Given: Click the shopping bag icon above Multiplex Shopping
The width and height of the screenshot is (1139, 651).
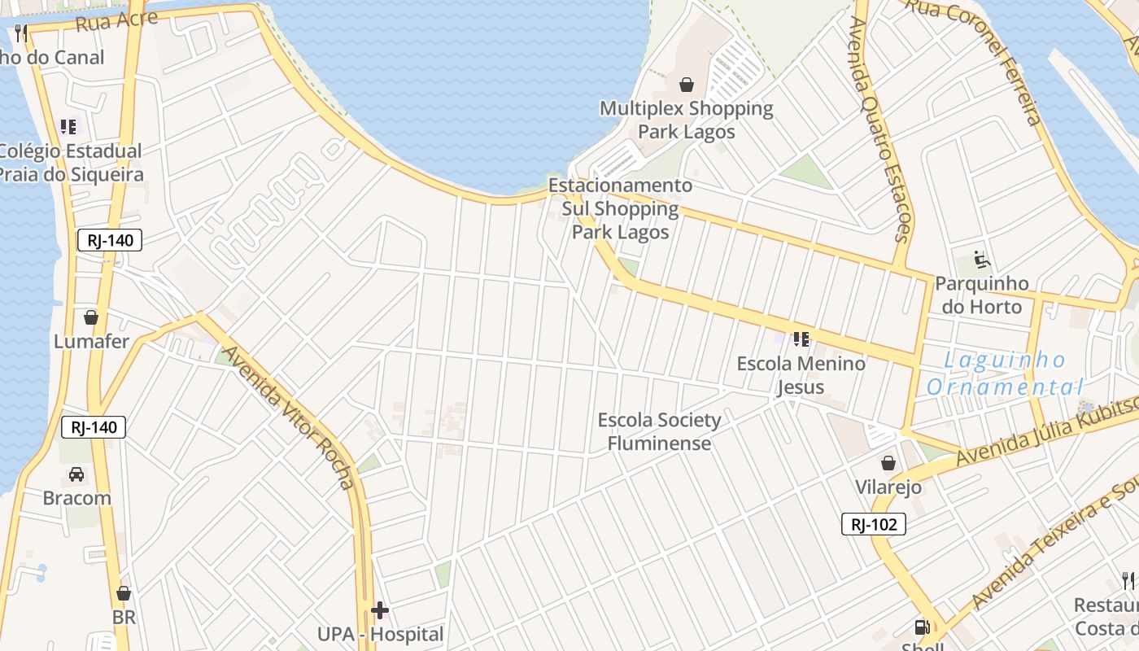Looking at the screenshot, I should [687, 85].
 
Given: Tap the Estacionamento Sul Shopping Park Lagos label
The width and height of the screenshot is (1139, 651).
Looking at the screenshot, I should [620, 209].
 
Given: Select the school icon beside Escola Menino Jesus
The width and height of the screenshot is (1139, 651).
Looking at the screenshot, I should [801, 339].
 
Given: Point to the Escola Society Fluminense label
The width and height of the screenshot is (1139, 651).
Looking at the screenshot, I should [659, 432].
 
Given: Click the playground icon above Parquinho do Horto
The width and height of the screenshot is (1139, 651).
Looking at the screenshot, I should [982, 260].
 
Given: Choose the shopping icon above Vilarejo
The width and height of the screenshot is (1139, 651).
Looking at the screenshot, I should [888, 463].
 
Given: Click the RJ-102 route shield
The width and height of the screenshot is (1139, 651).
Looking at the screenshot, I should [874, 524].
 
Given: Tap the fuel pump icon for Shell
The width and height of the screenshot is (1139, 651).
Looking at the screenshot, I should [922, 627].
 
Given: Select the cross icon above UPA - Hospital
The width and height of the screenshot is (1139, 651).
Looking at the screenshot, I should [380, 609].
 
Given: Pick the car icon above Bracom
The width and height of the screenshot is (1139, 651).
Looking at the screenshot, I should [76, 474].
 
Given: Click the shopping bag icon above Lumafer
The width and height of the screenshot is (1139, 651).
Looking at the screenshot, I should [91, 317].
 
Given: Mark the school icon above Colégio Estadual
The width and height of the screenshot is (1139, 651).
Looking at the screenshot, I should [68, 127].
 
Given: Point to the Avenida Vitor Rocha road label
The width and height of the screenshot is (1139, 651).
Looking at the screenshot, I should [290, 418].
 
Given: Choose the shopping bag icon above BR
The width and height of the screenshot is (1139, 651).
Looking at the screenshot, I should [124, 593].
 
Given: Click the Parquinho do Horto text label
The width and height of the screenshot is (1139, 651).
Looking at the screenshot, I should [982, 295].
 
